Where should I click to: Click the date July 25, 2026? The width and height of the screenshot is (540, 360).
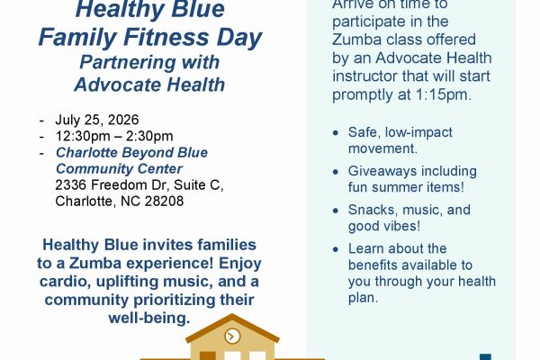click(97, 120)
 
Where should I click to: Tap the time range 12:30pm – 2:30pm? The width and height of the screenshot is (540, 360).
click(114, 136)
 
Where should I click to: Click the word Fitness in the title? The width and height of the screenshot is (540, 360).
click(166, 37)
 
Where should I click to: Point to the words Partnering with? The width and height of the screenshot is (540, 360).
click(149, 63)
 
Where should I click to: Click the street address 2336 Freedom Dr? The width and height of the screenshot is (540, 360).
click(111, 185)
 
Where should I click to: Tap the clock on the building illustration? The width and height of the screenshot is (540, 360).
click(232, 336)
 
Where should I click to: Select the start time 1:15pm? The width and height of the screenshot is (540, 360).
click(443, 94)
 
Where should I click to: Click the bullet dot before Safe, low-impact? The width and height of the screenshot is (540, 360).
click(336, 132)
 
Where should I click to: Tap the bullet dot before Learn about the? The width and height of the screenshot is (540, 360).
click(336, 249)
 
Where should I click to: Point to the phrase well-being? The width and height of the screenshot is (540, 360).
click(149, 318)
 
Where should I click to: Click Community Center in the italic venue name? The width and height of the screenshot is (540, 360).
click(119, 169)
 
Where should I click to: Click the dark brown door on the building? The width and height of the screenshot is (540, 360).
click(208, 355)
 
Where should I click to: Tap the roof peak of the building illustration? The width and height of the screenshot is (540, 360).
click(232, 314)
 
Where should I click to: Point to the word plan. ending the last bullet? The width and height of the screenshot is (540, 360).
click(364, 298)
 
